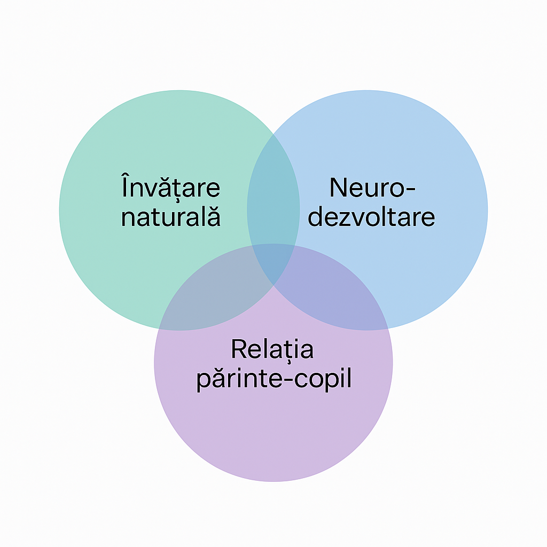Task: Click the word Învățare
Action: point(170,188)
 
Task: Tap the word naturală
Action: point(170,217)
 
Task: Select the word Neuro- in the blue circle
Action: point(372,188)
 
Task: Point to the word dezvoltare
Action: point(372,217)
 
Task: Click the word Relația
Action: point(272,349)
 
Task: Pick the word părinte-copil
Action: point(273,380)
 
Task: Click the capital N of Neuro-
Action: point(338,188)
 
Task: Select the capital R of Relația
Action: point(238,349)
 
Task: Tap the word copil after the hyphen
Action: point(323,380)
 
